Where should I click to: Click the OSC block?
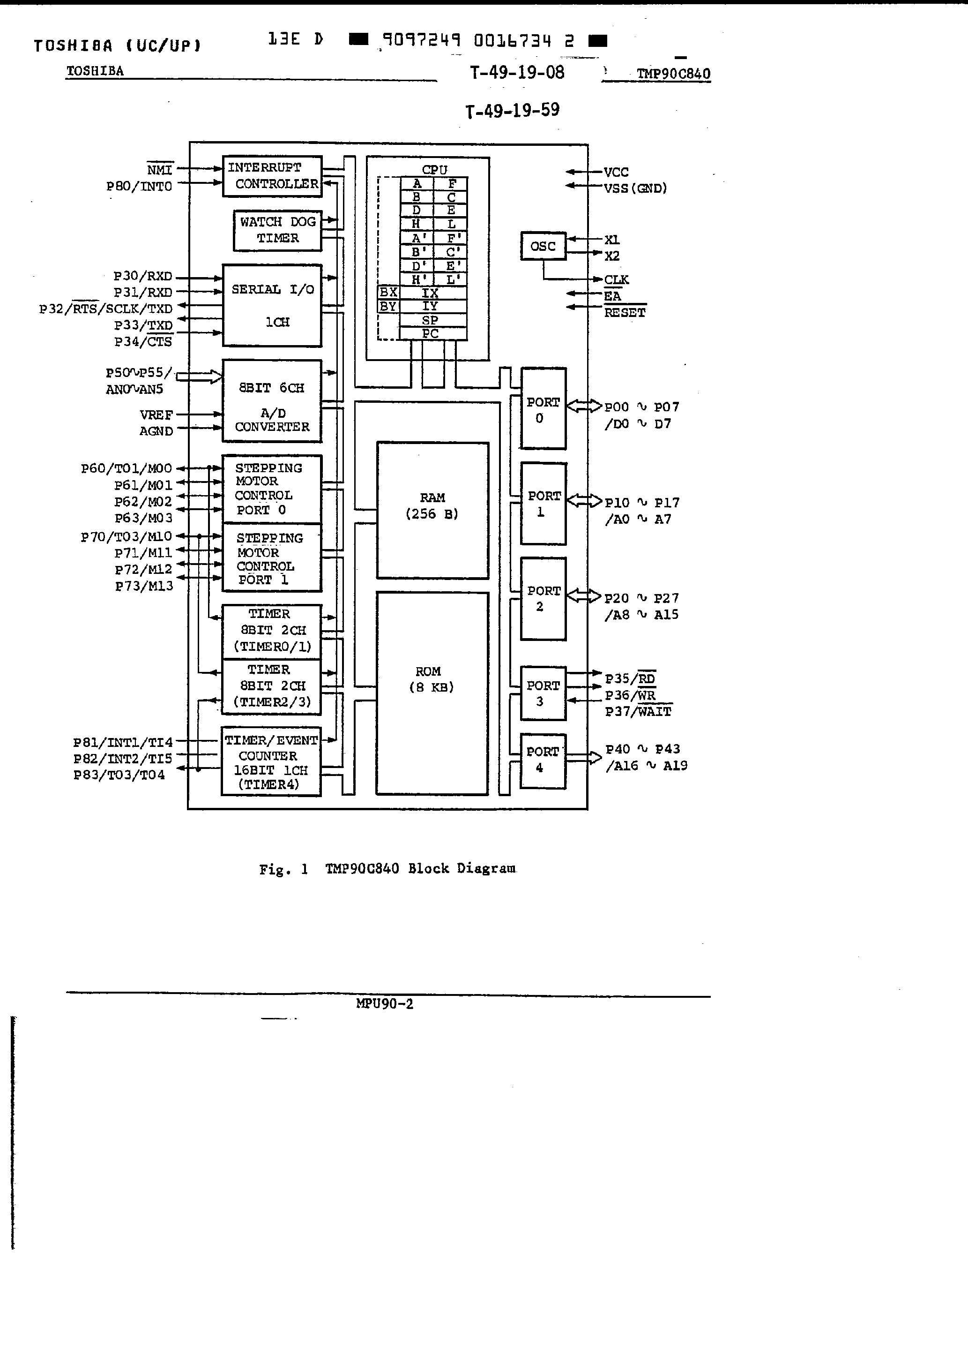pos(543,246)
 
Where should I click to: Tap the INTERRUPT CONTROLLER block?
pos(272,176)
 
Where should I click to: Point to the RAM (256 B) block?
pos(432,510)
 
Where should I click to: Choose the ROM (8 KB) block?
pos(432,693)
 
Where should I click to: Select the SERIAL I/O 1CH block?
pos(272,305)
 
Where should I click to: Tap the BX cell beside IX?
pos(388,293)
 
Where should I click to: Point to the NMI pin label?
pos(160,170)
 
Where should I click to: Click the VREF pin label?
pos(156,415)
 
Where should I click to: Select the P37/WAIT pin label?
pos(638,712)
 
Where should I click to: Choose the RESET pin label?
pos(624,313)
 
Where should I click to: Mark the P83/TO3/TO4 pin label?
pos(119,775)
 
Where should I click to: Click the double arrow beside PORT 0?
pos(584,406)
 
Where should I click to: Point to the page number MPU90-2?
pos(384,1004)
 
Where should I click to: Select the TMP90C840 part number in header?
pos(673,74)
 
